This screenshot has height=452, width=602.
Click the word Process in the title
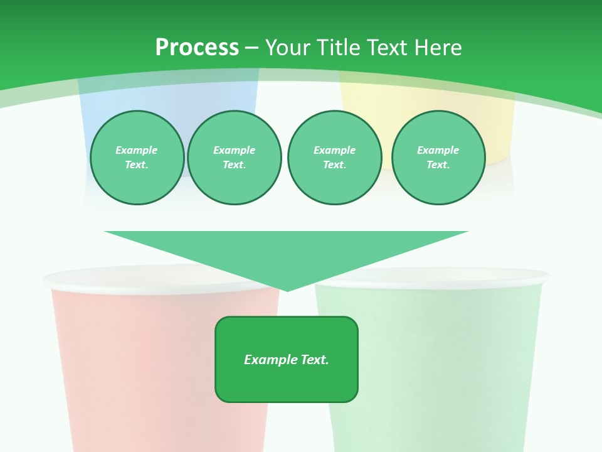click(197, 48)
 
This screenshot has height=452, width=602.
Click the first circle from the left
click(137, 157)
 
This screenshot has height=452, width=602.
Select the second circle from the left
click(235, 157)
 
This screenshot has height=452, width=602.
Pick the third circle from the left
click(335, 157)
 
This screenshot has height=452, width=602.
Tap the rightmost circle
click(438, 157)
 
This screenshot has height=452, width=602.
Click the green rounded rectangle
click(287, 383)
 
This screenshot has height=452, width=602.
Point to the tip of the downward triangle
click(287, 289)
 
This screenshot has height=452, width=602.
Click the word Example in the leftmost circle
click(137, 150)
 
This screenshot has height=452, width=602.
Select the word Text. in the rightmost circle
click(438, 164)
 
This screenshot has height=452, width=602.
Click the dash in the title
click(252, 48)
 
